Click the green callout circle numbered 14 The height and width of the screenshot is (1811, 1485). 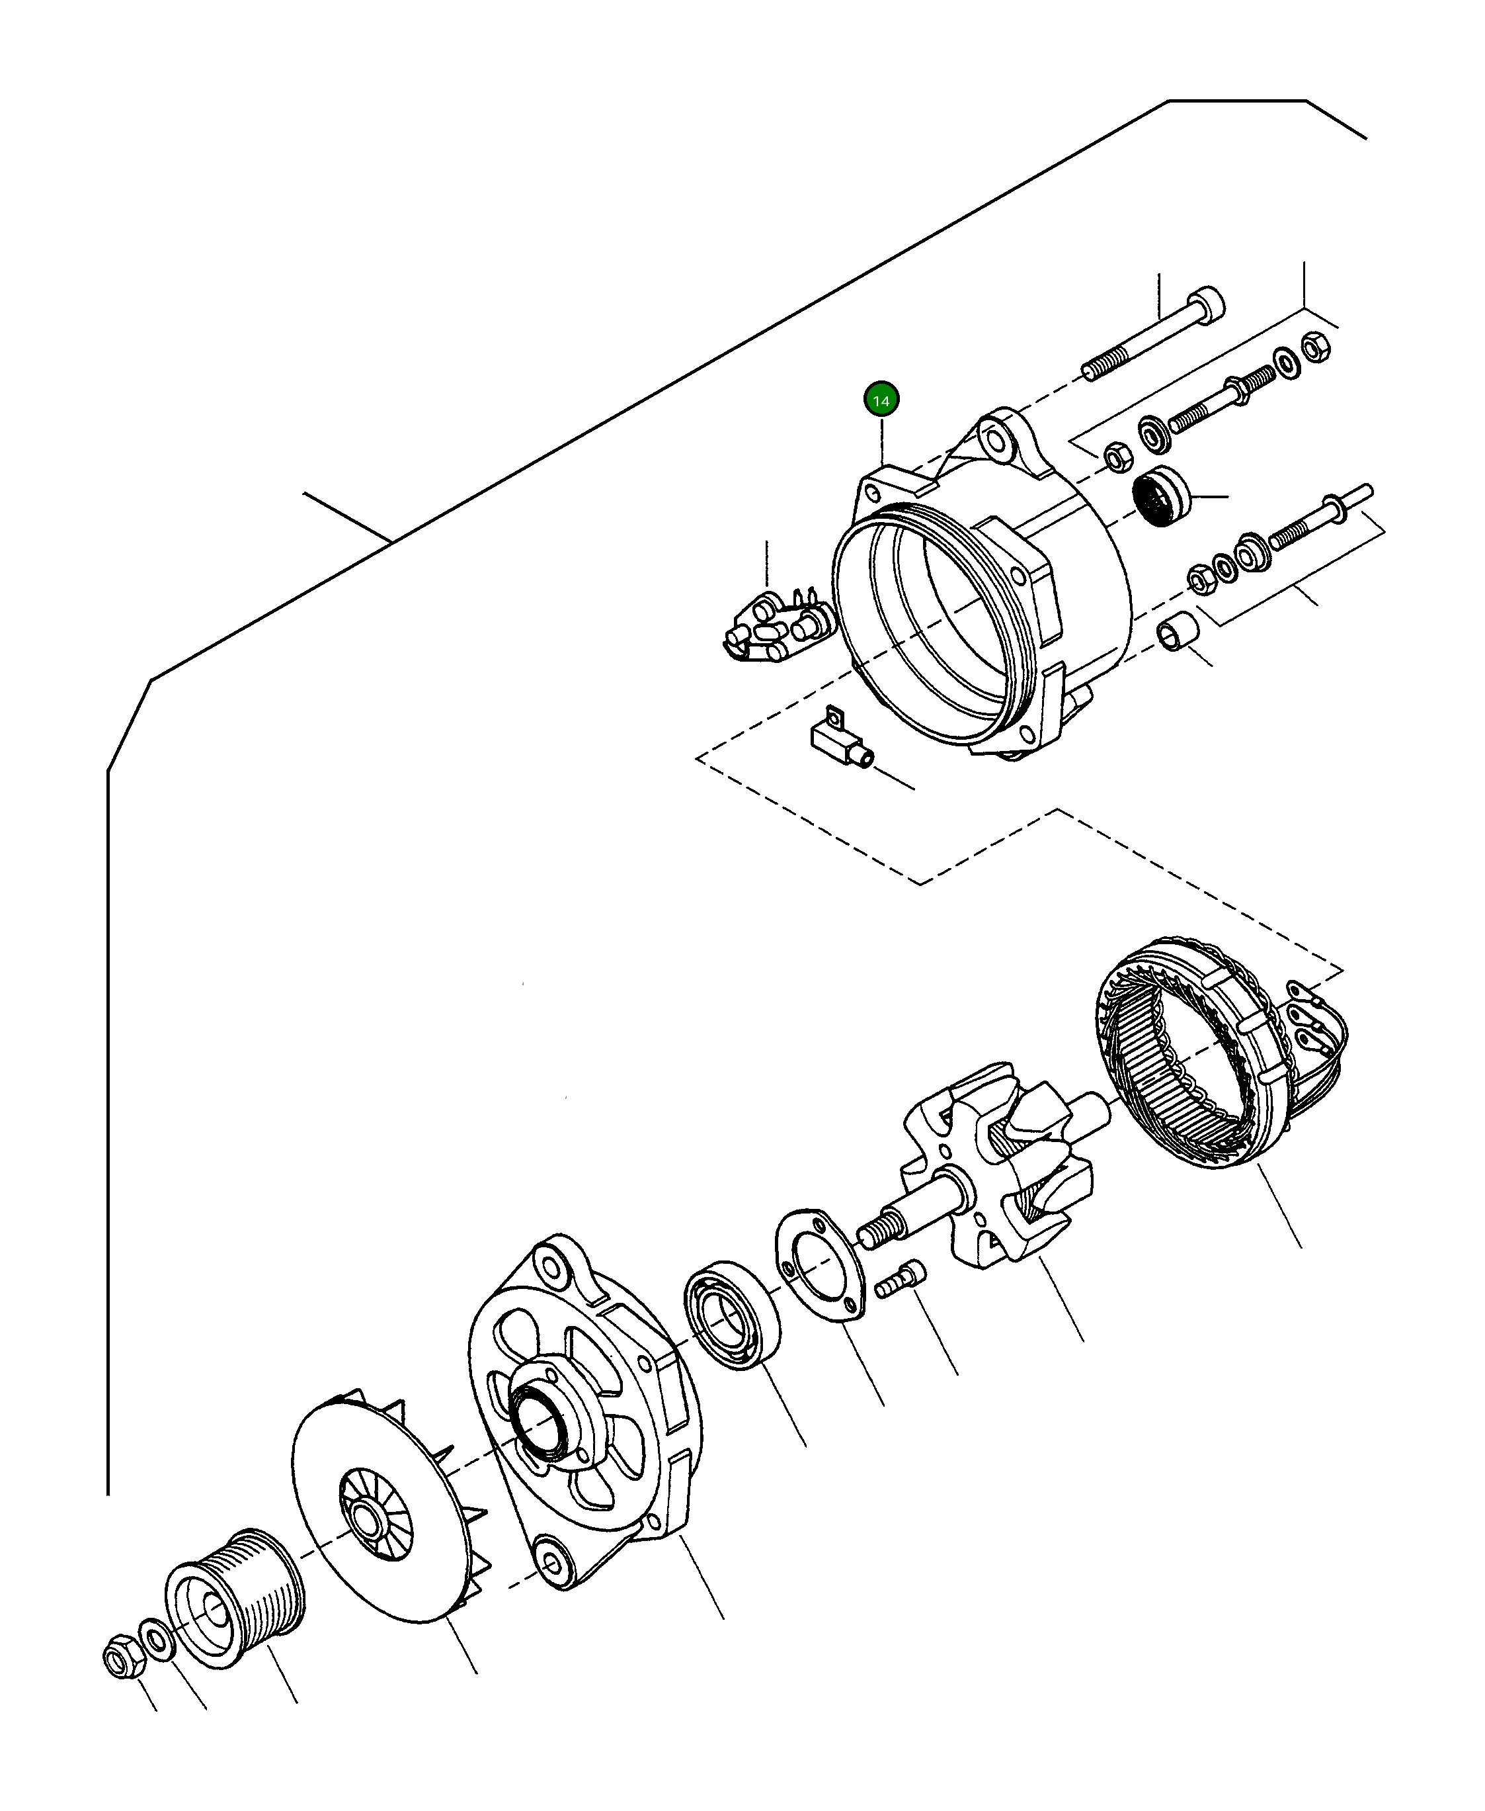tap(881, 400)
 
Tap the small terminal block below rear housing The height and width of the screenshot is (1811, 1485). tap(838, 736)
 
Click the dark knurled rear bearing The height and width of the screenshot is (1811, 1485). tap(1160, 496)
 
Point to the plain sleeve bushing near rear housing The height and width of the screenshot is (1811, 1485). tap(1176, 633)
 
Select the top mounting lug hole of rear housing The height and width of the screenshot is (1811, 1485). tap(995, 440)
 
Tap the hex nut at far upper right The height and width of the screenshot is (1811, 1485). tap(1316, 347)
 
